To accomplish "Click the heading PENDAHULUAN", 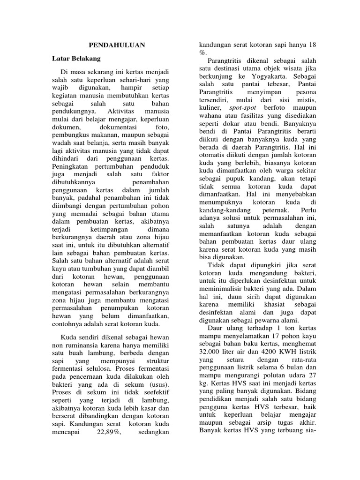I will click(x=117, y=45).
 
